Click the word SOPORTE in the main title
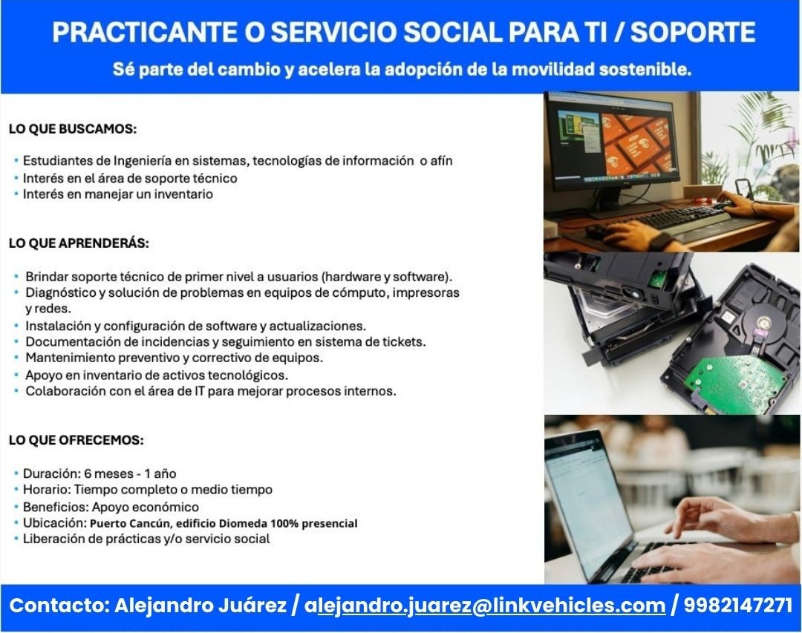pos(693,32)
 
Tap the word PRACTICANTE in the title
pos(144,32)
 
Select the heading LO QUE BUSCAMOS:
pos(73,129)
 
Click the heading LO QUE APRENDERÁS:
pos(79,243)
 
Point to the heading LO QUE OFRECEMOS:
pos(76,440)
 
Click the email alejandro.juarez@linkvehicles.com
pos(485,606)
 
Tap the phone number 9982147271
pos(738,606)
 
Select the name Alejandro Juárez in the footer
pos(200,606)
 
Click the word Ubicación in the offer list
pos(53,522)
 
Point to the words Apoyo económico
pos(146,508)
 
